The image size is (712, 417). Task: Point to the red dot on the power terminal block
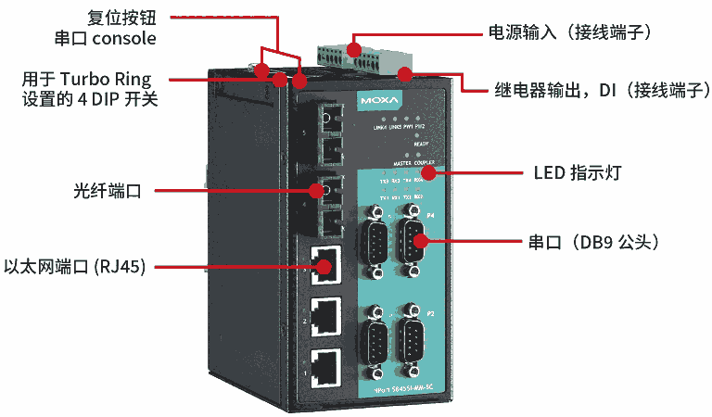(355, 45)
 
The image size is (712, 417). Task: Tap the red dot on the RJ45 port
(323, 267)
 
